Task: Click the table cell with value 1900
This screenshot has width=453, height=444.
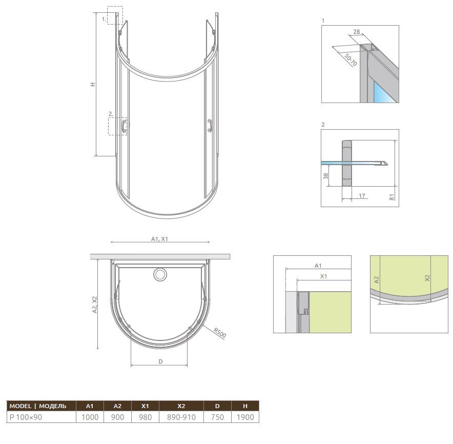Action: (x=245, y=417)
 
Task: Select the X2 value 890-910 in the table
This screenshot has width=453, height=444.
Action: (x=181, y=417)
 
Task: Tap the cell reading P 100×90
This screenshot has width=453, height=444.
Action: (x=42, y=417)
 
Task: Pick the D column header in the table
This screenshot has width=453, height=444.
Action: (x=217, y=406)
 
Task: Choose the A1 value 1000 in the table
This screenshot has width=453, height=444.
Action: (x=90, y=417)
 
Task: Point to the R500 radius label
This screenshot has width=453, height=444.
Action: (x=219, y=333)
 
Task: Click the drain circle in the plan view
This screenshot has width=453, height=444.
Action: (x=160, y=274)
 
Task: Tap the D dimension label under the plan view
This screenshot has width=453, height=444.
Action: (x=160, y=361)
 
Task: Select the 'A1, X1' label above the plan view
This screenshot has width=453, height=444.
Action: (x=159, y=239)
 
